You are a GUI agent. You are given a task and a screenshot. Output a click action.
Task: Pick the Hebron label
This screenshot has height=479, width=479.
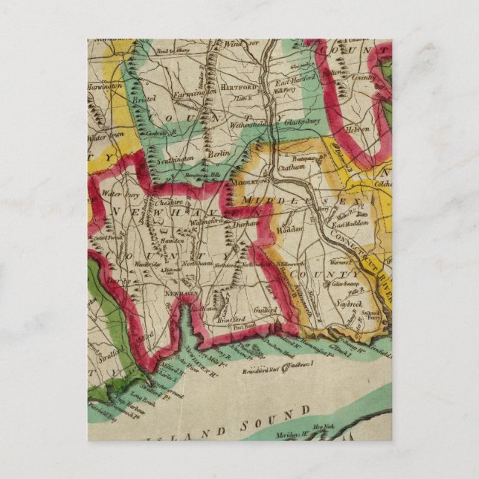[x=356, y=129]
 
